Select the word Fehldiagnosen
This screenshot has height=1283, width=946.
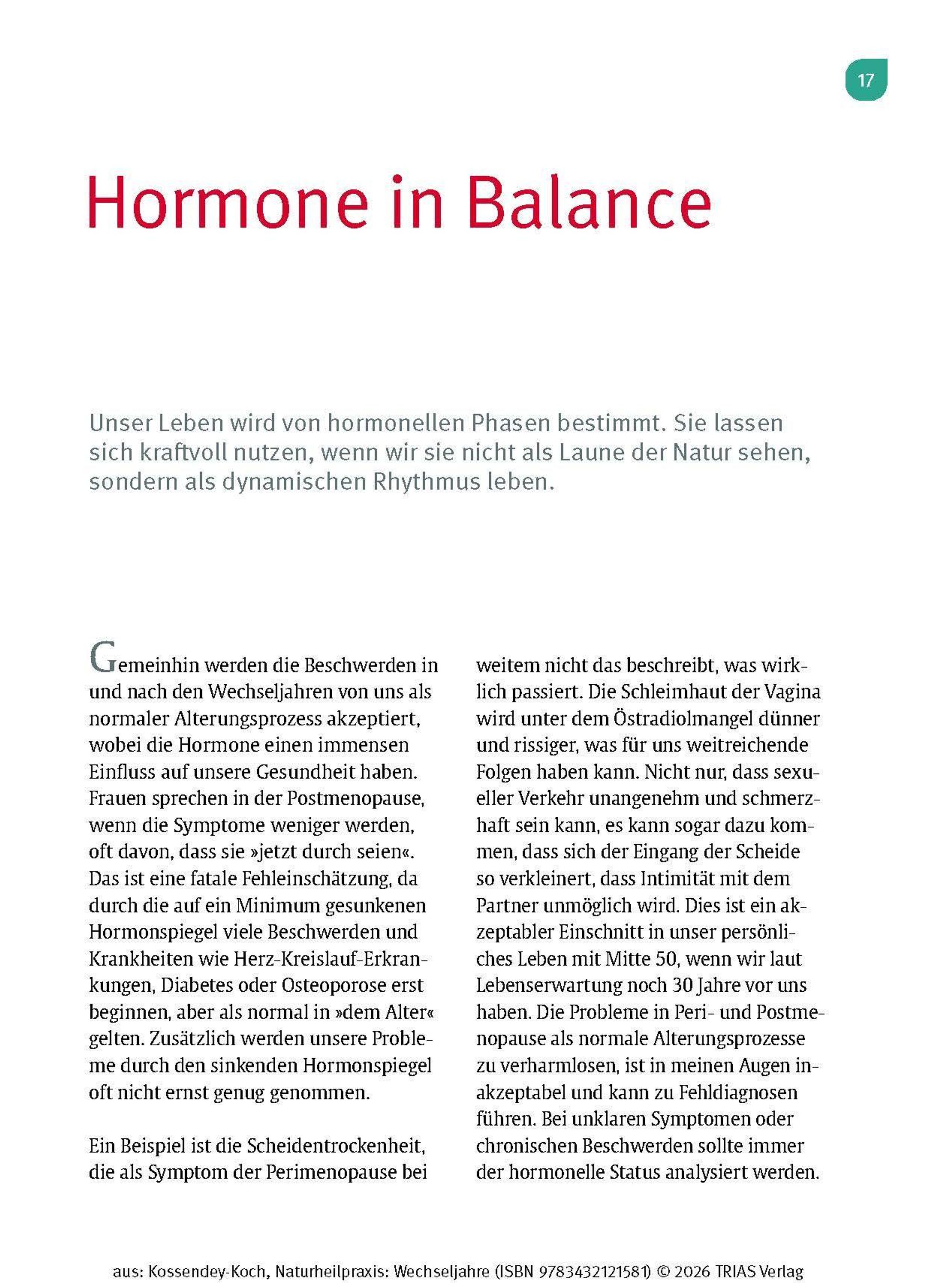[x=738, y=1092]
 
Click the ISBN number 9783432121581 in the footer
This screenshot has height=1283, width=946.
[x=592, y=1255]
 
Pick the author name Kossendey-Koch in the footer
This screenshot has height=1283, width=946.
[x=208, y=1255]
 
